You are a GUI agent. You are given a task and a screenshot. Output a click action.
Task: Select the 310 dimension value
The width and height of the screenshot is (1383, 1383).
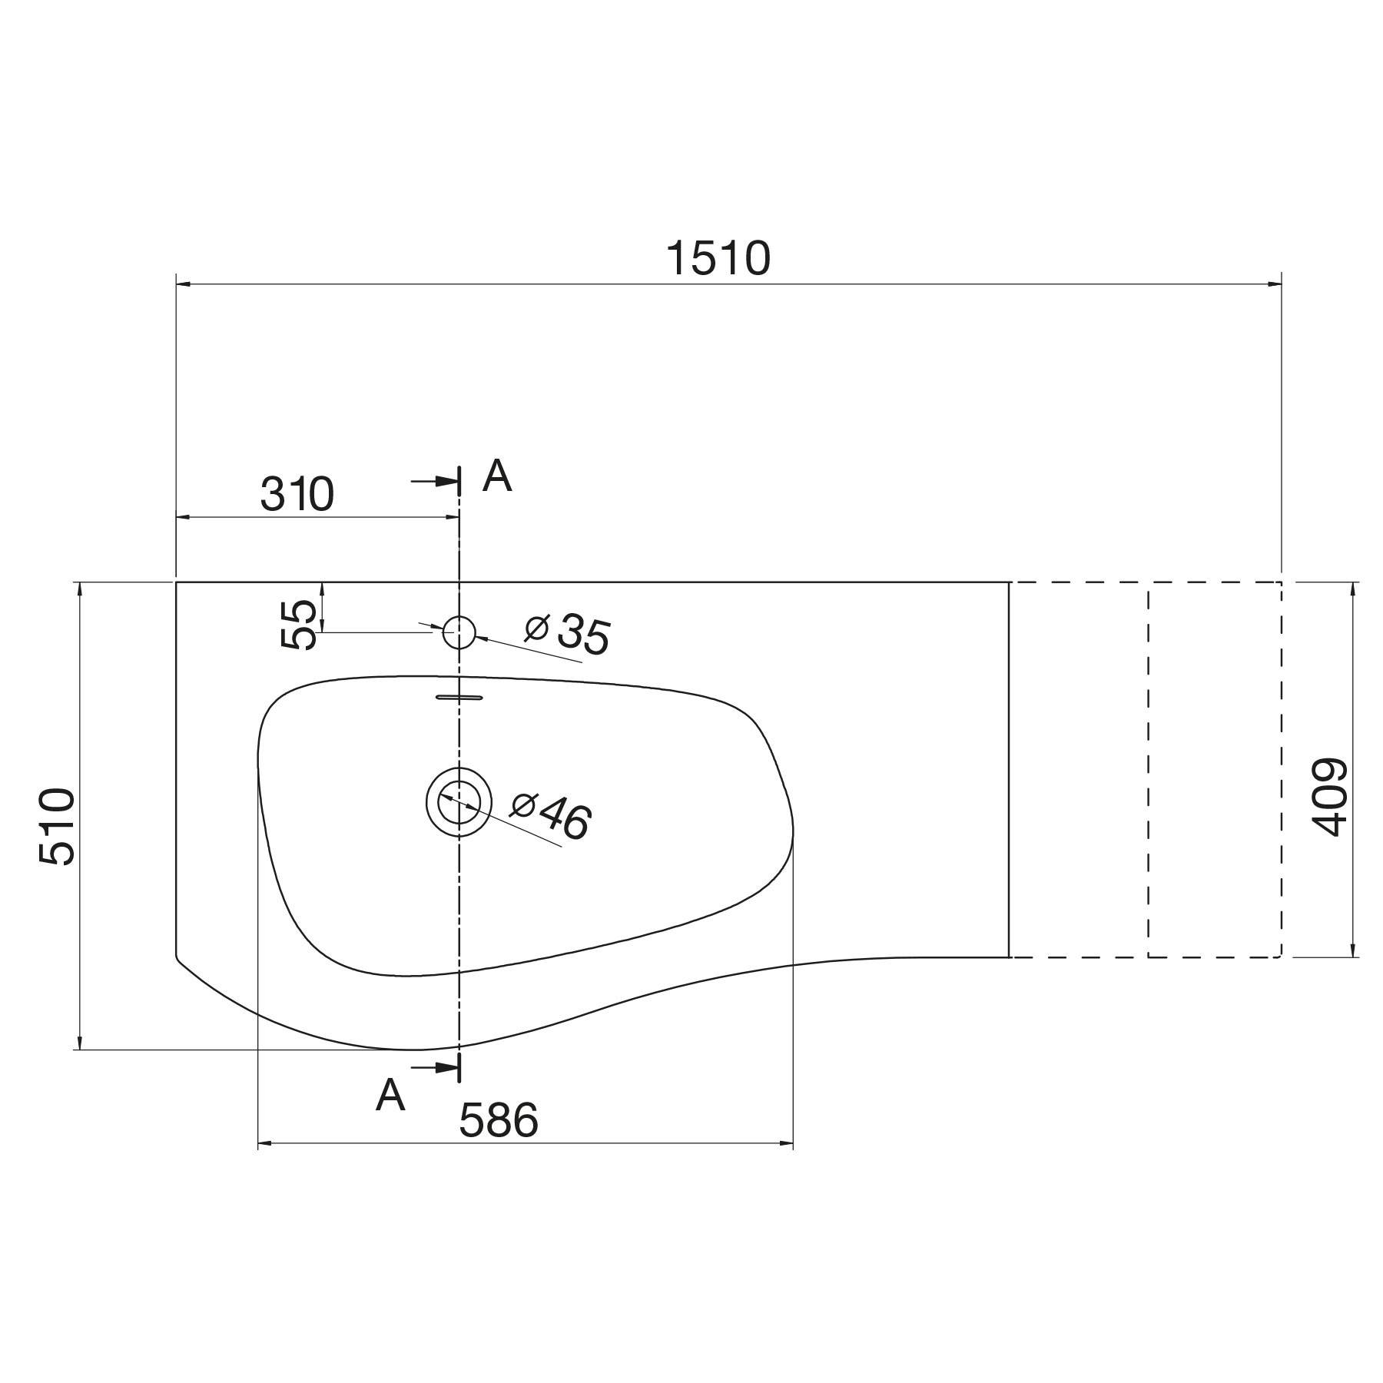[x=297, y=494]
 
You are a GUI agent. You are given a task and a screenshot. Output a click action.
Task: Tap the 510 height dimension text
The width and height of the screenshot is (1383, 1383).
[x=58, y=826]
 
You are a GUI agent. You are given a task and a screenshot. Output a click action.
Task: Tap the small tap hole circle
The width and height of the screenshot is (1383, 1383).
[x=459, y=632]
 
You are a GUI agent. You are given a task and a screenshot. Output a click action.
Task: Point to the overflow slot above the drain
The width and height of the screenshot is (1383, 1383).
[x=459, y=697]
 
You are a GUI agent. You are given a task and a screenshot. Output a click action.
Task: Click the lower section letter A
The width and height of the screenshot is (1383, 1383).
[x=390, y=1095]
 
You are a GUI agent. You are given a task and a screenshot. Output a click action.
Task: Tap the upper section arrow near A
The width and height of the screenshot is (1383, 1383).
[x=438, y=482]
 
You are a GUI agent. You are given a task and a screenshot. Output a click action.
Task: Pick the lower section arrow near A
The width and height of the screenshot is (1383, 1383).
[x=438, y=1068]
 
